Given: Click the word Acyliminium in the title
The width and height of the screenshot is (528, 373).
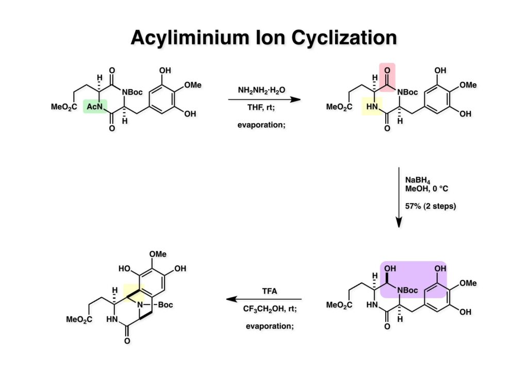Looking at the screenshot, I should pyautogui.click(x=198, y=38).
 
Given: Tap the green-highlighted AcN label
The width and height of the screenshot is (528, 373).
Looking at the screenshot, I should pyautogui.click(x=94, y=106).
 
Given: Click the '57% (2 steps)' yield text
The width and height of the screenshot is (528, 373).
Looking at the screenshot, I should pyautogui.click(x=428, y=207).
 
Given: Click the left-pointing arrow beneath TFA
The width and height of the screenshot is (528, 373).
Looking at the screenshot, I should pyautogui.click(x=263, y=299).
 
